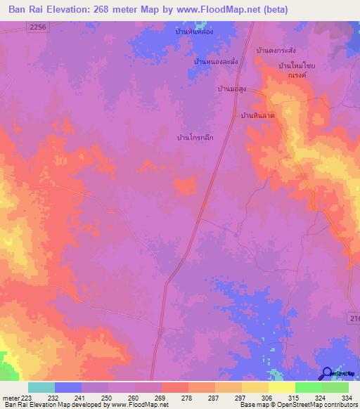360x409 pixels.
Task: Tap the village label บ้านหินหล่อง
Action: coord(195,32)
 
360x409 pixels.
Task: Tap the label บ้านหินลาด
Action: coord(257,115)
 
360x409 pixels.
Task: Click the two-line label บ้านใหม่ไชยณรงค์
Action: coord(296,70)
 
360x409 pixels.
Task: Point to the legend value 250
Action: coord(106,397)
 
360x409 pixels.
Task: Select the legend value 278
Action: coord(186,397)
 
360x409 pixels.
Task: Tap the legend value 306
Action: coord(267,397)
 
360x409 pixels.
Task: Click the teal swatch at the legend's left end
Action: coord(41,387)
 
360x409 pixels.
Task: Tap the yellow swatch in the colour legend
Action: coord(281,387)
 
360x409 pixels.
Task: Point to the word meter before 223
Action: coord(9,397)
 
